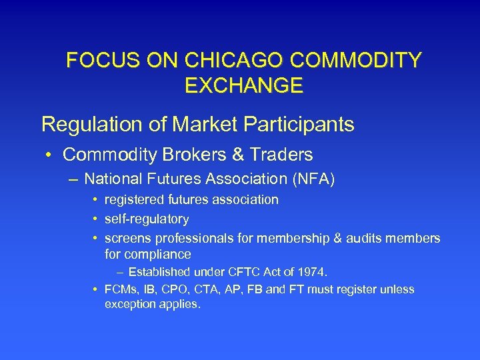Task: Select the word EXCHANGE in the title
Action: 243,85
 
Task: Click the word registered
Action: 134,200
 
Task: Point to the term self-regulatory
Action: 147,219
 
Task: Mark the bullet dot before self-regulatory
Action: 96,219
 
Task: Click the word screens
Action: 127,238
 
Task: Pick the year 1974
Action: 312,272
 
